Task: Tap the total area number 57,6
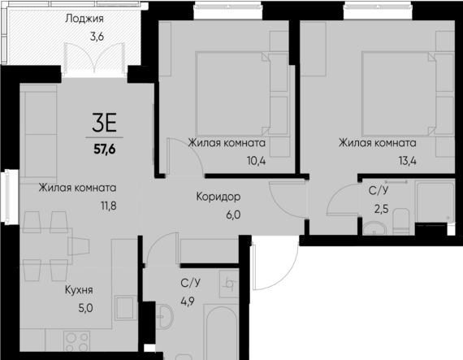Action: point(105,149)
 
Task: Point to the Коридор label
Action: point(219,197)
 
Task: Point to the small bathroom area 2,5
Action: point(379,210)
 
